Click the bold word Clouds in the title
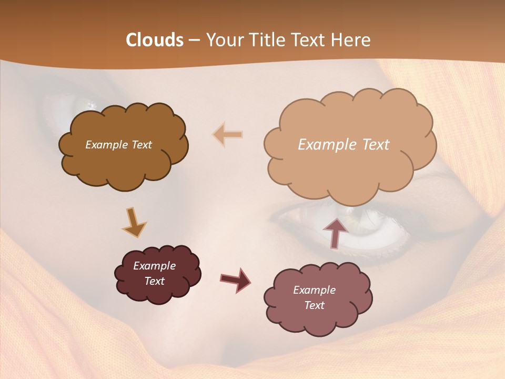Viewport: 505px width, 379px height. click(155, 40)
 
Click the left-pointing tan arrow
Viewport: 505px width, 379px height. click(228, 135)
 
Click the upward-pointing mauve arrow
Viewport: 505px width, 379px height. click(335, 232)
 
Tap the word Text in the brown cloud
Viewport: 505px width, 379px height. click(140, 145)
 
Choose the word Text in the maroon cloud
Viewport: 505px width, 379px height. click(155, 281)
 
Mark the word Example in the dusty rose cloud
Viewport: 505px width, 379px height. click(314, 290)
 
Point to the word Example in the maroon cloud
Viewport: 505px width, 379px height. click(155, 266)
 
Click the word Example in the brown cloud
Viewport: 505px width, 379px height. click(105, 145)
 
